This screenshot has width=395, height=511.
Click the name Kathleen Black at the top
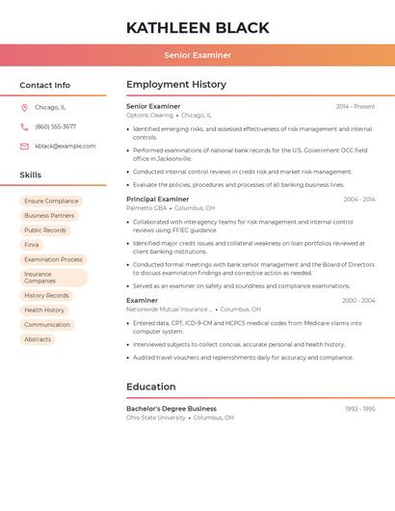coord(197,27)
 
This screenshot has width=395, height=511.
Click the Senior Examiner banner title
coord(197,55)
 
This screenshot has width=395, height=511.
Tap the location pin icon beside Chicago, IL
coord(24,107)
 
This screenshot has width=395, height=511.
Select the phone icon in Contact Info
coord(24,126)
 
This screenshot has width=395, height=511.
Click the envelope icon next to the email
coord(24,147)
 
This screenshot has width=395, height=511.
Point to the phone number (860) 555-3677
coord(55,126)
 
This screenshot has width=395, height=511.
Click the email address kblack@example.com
coord(65,147)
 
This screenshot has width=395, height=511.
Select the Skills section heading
coord(31,175)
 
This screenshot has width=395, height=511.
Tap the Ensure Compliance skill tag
coord(51,202)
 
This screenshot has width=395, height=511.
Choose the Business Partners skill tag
coord(49,216)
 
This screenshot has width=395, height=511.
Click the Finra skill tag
coord(32,245)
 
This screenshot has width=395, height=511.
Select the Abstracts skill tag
coord(38,339)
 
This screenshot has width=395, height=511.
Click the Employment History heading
coord(176,85)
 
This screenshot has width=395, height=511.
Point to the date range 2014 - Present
coord(355,106)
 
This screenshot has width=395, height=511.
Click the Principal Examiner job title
coord(157,199)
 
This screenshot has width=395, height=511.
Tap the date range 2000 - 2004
coord(358,301)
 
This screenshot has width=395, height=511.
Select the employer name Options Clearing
coord(149,116)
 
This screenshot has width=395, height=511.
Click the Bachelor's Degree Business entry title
coord(171,409)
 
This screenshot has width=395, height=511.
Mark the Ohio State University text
coord(155,418)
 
